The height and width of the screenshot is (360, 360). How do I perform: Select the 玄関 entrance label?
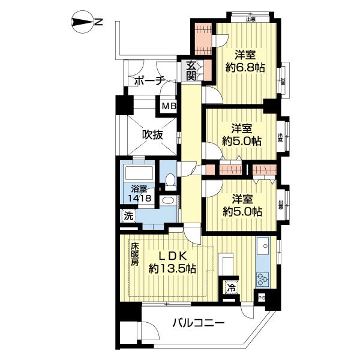(x=190, y=71)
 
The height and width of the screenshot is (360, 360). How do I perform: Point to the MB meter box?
(x=169, y=107)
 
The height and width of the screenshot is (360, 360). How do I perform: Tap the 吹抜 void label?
(x=152, y=135)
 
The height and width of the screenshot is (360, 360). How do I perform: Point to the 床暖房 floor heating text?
(x=135, y=254)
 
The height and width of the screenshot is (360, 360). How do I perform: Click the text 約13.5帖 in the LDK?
(x=174, y=269)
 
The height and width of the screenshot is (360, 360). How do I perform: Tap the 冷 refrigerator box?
(x=230, y=287)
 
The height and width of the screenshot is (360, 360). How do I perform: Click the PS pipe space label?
(x=261, y=297)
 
